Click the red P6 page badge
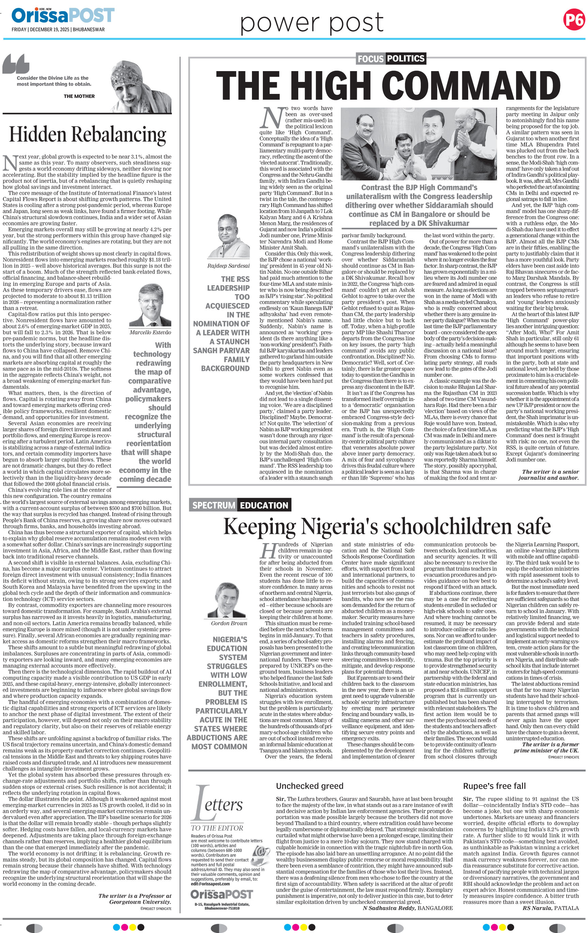(574, 19)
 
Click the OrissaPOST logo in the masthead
(63, 16)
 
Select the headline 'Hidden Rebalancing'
(87, 134)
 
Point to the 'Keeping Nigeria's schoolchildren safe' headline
(386, 526)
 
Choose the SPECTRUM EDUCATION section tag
(240, 505)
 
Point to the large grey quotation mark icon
(16, 64)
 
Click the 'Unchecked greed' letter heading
(309, 786)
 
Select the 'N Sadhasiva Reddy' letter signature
(390, 908)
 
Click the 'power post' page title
(312, 23)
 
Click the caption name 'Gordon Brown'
(229, 623)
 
